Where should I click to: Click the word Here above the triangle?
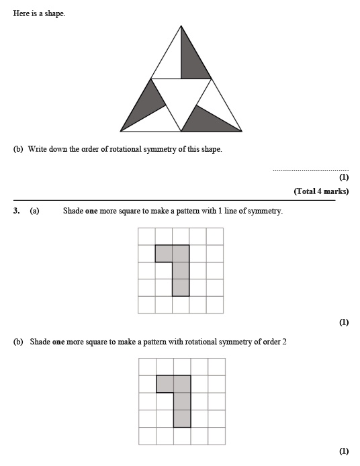[20, 13]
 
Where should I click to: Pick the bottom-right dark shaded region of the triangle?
[207, 120]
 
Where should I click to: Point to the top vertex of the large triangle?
[181, 26]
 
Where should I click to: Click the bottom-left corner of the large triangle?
[121, 131]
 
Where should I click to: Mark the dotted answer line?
[310, 169]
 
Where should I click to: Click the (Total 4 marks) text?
[321, 191]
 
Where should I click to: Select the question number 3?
[17, 211]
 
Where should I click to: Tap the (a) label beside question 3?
[34, 211]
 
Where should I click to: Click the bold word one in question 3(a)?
[92, 211]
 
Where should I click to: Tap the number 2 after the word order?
[285, 342]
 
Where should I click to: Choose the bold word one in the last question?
[59, 342]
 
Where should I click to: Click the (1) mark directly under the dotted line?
[344, 178]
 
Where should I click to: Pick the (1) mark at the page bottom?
[344, 452]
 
